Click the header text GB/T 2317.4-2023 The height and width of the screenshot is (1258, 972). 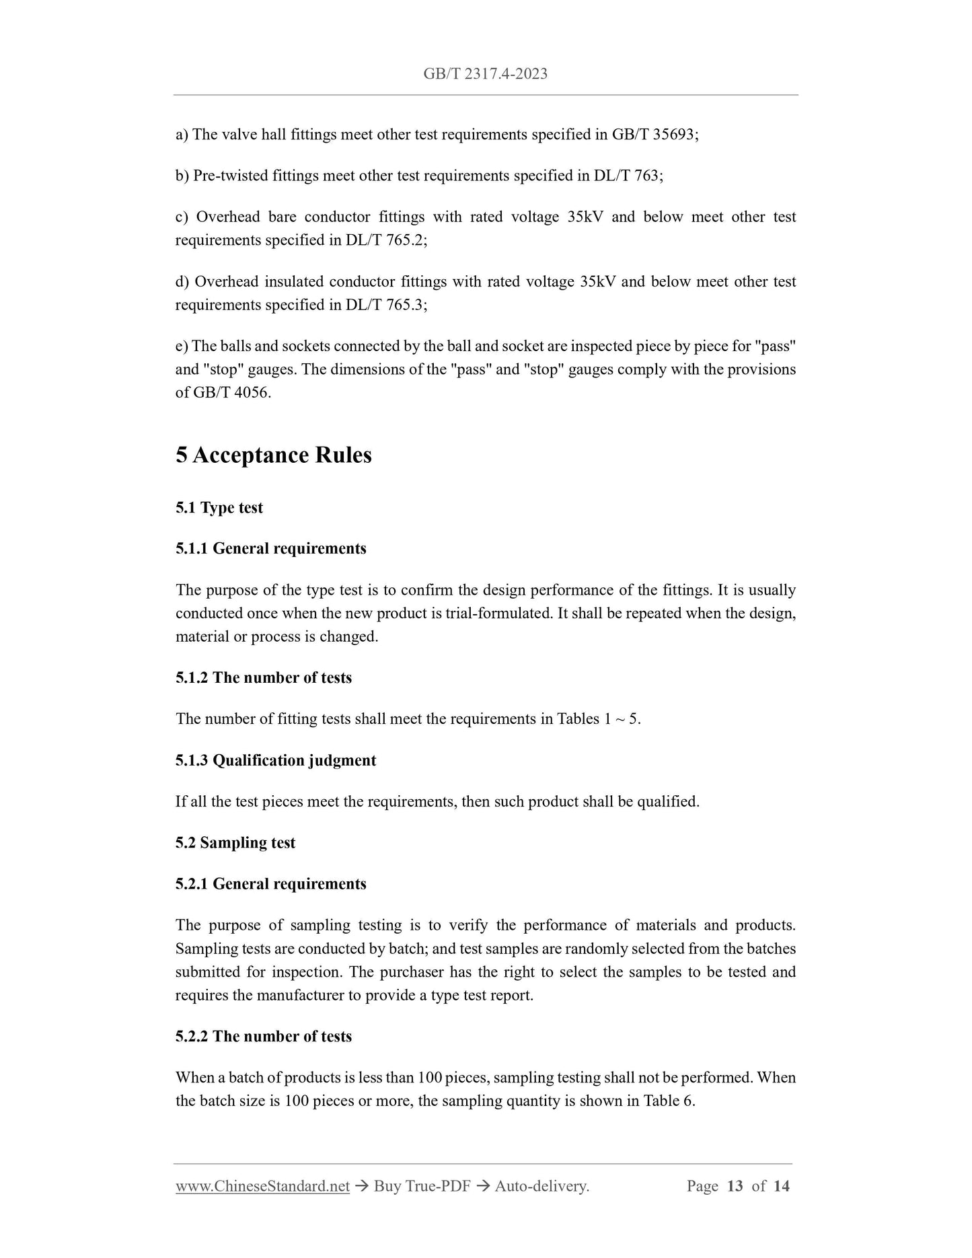485,74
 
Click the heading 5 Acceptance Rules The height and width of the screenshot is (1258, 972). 274,455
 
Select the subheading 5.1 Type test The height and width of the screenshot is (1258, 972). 219,508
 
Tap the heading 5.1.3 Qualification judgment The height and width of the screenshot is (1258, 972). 276,761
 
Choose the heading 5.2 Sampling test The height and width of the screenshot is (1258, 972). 235,843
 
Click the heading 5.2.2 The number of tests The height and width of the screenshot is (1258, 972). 264,1037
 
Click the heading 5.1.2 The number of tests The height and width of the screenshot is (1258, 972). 264,678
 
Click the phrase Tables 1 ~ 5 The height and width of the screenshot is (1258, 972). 598,719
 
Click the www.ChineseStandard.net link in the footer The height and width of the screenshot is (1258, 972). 262,1186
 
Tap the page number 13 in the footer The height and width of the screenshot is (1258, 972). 735,1186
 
